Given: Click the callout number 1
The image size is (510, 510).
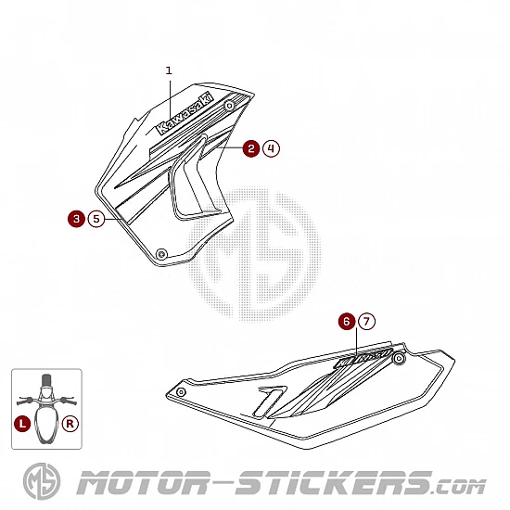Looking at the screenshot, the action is pos(169,70).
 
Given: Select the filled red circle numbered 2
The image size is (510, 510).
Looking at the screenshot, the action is pos(251,148).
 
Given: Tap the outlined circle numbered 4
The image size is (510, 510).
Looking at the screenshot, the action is pos(271,148).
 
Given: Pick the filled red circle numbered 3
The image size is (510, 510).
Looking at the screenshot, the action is pos(76,219).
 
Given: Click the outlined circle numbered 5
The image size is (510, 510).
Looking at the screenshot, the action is pos(96,219).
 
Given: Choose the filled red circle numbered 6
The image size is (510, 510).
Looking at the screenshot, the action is pos(347,322).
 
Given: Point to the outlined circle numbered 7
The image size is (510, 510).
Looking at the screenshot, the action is pos(366,322).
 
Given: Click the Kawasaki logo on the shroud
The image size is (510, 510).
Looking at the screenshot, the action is pos(185,113).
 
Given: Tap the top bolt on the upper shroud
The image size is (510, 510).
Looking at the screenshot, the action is pos(230,106).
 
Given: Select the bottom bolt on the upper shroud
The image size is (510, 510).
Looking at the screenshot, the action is pos(161,253).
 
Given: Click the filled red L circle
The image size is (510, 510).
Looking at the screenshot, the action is pos(22,424).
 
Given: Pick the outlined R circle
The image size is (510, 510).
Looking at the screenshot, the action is pos(70,424).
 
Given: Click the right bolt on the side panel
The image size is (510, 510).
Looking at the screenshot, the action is pos(399,359).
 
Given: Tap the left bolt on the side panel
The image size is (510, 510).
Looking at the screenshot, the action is pos(181,392).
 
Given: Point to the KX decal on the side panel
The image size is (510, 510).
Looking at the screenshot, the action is pos(363,359).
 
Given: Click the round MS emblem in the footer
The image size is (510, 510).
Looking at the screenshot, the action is pos(42,480).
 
